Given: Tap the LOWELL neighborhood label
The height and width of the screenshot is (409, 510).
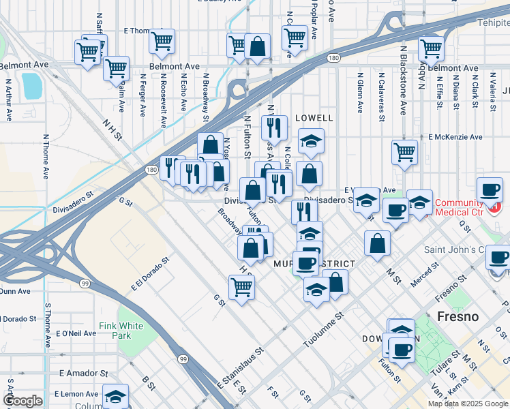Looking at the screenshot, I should (314, 118).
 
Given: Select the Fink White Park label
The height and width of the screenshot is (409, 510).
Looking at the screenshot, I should (121, 331).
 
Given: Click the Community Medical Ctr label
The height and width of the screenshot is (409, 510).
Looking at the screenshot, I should (458, 207).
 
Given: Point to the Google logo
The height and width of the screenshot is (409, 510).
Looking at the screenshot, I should (22, 401).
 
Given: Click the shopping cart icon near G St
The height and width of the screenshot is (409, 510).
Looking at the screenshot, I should (241, 287).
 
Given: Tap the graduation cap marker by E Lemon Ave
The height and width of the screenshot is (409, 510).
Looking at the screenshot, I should (115, 396).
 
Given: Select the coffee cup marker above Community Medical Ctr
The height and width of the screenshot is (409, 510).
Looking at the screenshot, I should (489, 189).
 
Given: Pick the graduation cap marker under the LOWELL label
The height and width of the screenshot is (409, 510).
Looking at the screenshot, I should (311, 140).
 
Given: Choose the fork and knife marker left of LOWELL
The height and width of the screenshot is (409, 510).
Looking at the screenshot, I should (274, 127).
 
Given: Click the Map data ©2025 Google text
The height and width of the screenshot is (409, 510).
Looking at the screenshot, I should (468, 404).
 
